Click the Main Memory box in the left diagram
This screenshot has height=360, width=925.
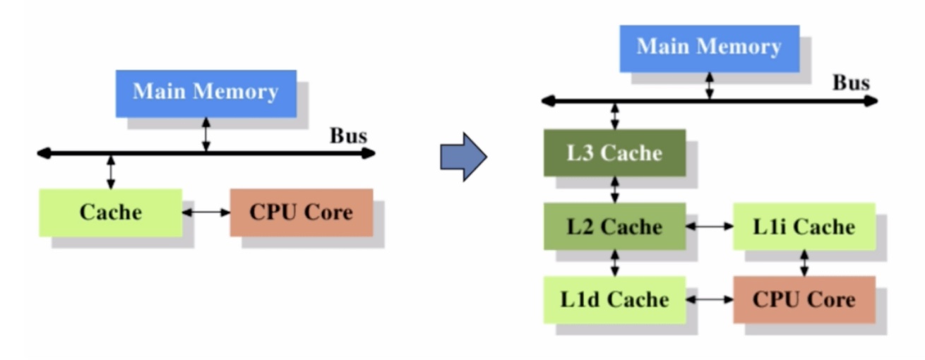[x=206, y=94]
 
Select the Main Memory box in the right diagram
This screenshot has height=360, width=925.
[x=710, y=49]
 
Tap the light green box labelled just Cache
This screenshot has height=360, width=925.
[x=111, y=212]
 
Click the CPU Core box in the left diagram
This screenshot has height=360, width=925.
[x=302, y=212]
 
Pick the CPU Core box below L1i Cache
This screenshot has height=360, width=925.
[x=804, y=300]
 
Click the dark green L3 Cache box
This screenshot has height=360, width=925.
[x=615, y=153]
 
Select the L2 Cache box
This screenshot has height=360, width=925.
[x=615, y=227]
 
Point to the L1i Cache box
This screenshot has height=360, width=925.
[x=804, y=227]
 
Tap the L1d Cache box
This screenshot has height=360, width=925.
[x=615, y=300]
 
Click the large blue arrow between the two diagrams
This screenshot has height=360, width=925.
[x=463, y=157]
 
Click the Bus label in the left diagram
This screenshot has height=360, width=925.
[x=348, y=136]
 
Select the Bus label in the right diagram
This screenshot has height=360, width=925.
[x=851, y=83]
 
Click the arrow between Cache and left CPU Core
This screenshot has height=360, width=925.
[x=206, y=212]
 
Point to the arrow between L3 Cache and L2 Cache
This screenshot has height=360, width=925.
[x=615, y=190]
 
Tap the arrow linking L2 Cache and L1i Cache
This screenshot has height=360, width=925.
[x=710, y=227]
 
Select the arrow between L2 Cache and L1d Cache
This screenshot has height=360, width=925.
[x=615, y=263]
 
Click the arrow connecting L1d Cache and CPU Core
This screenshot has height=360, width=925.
[x=710, y=300]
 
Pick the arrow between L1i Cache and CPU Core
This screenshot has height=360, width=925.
[x=804, y=263]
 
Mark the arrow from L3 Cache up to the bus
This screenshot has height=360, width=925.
[x=615, y=116]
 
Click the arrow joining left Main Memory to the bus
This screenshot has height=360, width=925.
[x=206, y=135]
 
